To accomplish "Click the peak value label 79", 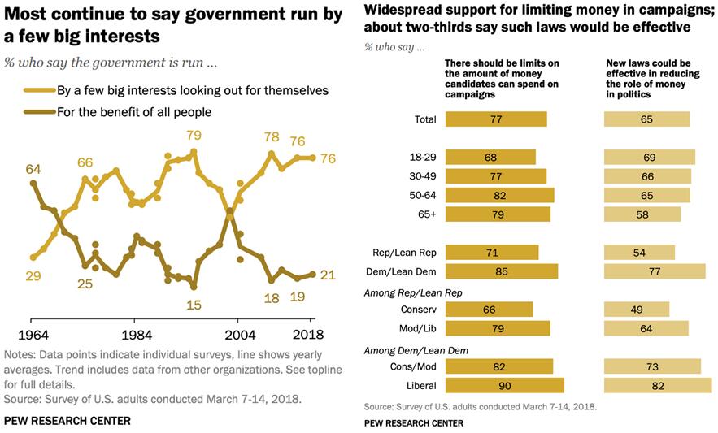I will point(194,135).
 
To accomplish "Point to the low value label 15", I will point(194,305).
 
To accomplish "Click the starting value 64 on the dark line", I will point(33,169).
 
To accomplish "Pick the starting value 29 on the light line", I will point(33,276).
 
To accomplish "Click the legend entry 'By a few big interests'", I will point(192,90).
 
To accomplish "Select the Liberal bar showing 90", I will point(504,386).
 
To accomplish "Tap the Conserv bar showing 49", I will point(636,310).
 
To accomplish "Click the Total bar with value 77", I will point(496,119).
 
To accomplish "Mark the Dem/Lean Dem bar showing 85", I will point(502,271).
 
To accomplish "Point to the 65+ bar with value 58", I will point(642,214).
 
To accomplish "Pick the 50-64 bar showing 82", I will point(499,195).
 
